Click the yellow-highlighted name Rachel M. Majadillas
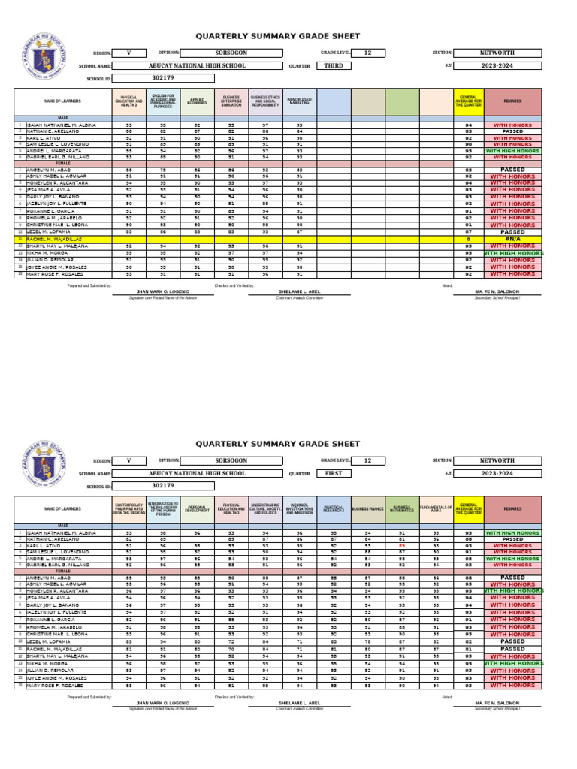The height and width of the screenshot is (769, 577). tap(54, 239)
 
